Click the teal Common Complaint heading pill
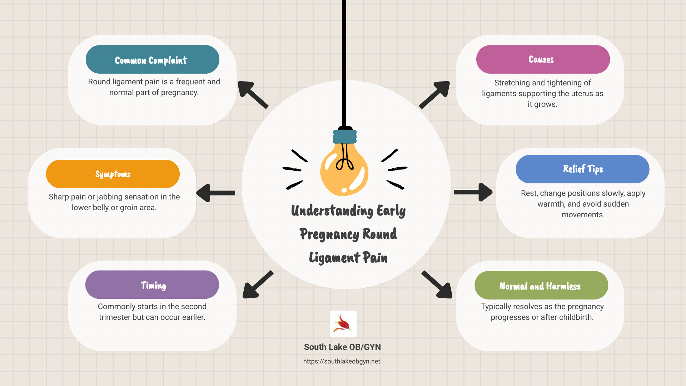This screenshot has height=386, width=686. point(152,59)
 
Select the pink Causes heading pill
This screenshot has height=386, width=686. point(543,59)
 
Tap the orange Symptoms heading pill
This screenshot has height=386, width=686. point(113,174)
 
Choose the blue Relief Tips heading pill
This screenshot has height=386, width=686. point(582,169)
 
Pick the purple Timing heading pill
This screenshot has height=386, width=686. point(152,285)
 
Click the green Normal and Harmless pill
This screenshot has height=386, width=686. point(541,285)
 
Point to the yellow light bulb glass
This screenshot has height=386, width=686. point(344,172)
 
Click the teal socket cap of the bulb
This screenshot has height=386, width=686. point(345,136)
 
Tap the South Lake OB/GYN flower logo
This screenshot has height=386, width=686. point(343,324)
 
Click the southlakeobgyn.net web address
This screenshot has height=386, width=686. point(342,361)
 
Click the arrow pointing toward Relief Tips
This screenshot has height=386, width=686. point(473,192)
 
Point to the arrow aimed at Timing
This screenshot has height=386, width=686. point(257,285)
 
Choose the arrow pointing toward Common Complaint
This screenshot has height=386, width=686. point(252,94)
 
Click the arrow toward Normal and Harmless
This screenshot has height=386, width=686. point(437,285)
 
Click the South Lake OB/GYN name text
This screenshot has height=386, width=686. point(342,347)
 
